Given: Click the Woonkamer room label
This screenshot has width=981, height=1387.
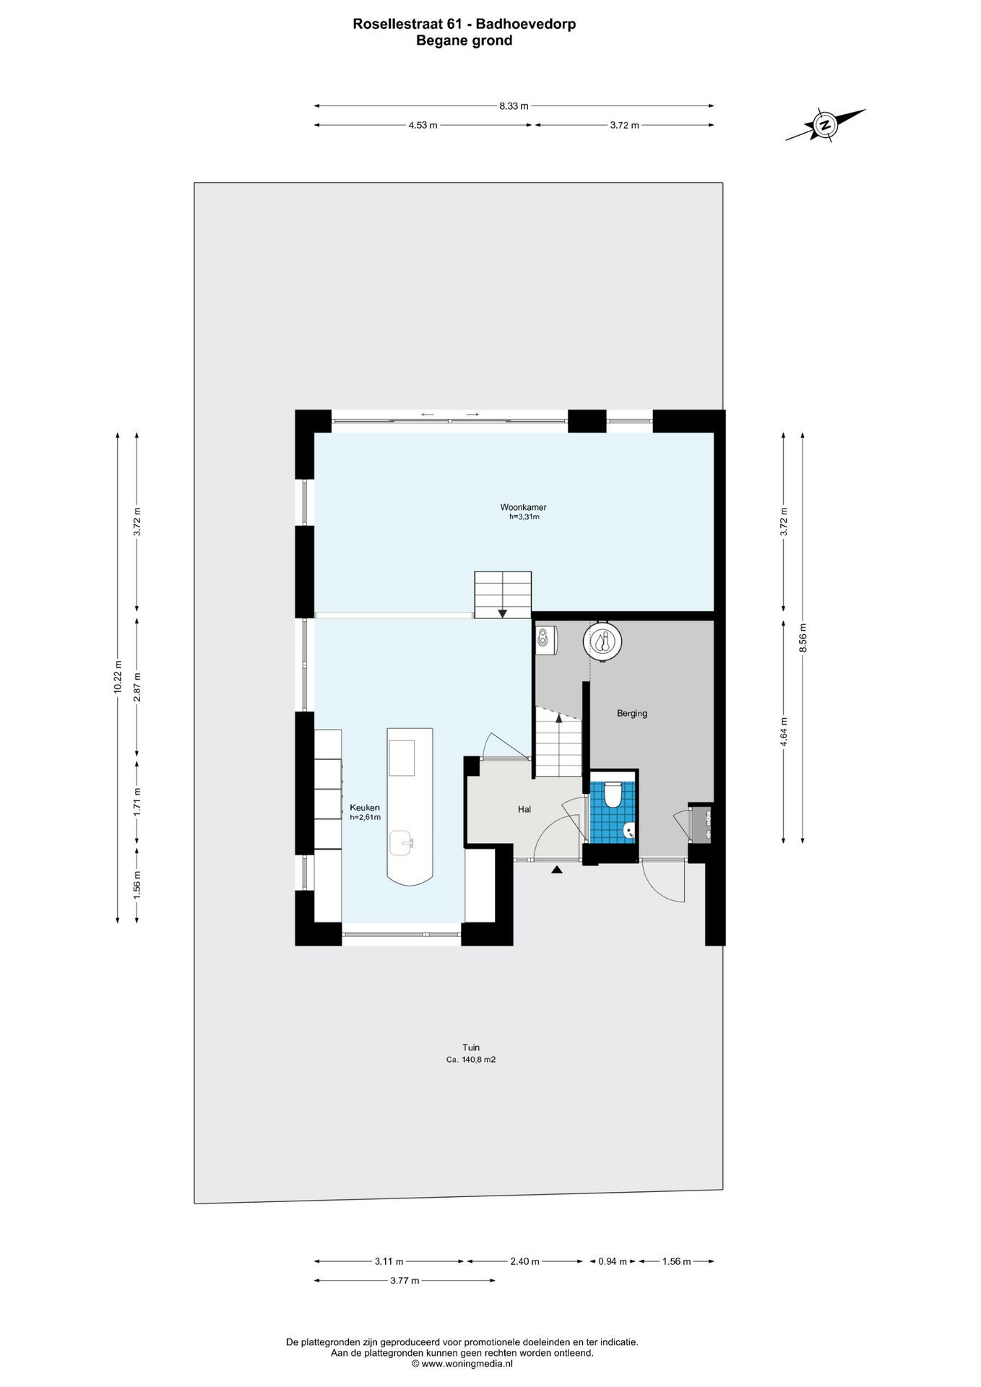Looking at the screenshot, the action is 523,507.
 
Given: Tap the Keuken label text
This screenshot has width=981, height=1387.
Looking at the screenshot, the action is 365,808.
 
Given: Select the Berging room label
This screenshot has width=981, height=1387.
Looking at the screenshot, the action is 632,714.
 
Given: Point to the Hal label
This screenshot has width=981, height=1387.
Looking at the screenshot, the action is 524,809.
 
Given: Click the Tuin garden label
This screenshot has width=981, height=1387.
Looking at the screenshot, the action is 471,1047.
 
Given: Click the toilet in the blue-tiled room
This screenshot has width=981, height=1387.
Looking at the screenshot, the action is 613,795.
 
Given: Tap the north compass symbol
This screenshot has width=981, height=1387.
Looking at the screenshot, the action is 825,125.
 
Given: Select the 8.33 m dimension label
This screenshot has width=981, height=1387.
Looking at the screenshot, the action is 514,106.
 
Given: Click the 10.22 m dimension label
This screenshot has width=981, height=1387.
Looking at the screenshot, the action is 118,678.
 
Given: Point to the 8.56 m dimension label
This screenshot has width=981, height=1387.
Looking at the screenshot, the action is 803,638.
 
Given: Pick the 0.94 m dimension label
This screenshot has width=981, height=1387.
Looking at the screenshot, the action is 613,1261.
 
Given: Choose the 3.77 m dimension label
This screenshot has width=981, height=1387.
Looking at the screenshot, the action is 405,1281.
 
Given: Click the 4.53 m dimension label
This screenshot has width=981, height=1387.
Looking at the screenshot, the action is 423,125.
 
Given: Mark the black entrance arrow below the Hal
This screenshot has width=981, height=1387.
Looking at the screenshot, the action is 556,870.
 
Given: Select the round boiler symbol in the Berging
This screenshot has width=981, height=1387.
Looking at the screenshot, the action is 602,640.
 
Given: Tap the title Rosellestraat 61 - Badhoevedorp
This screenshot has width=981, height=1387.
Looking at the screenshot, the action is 464,24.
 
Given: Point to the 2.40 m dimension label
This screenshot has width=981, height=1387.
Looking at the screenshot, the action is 524,1261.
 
